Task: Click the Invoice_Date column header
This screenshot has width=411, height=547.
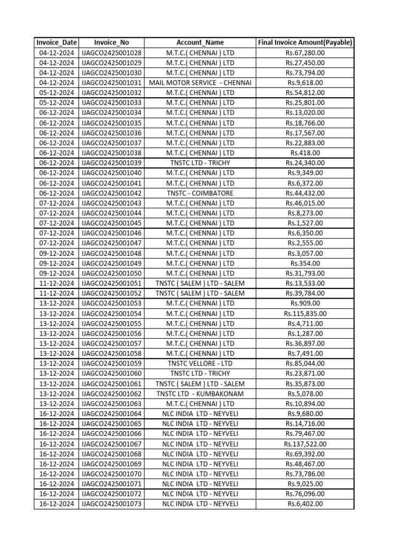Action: point(56,42)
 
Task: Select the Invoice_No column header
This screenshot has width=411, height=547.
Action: point(111,42)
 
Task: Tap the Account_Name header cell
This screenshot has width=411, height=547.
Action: point(200,42)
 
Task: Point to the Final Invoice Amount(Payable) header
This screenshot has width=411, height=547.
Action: point(305,42)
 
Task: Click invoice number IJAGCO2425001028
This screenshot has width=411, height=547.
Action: point(111,52)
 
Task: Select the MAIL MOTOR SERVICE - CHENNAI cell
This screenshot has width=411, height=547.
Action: point(200,83)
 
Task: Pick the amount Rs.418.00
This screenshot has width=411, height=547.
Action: point(305,153)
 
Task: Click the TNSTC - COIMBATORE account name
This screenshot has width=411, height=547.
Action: point(200,193)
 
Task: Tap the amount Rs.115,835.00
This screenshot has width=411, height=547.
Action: point(305,314)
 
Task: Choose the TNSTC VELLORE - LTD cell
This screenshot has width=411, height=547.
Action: point(200,363)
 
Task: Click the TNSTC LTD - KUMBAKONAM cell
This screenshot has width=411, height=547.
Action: point(200,394)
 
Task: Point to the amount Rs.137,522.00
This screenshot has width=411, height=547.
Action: point(305,444)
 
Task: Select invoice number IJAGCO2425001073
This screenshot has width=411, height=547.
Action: point(111,504)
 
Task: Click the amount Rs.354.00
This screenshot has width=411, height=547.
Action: point(305,263)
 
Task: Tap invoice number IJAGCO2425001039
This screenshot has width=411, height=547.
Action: point(111,163)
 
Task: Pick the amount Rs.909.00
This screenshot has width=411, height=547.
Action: point(305,303)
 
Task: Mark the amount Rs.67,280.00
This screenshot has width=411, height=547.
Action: point(305,52)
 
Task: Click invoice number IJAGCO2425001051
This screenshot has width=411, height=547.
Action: point(111,283)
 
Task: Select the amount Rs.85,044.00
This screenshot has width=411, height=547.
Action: point(305,363)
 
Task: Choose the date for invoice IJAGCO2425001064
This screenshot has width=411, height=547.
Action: point(56,413)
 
